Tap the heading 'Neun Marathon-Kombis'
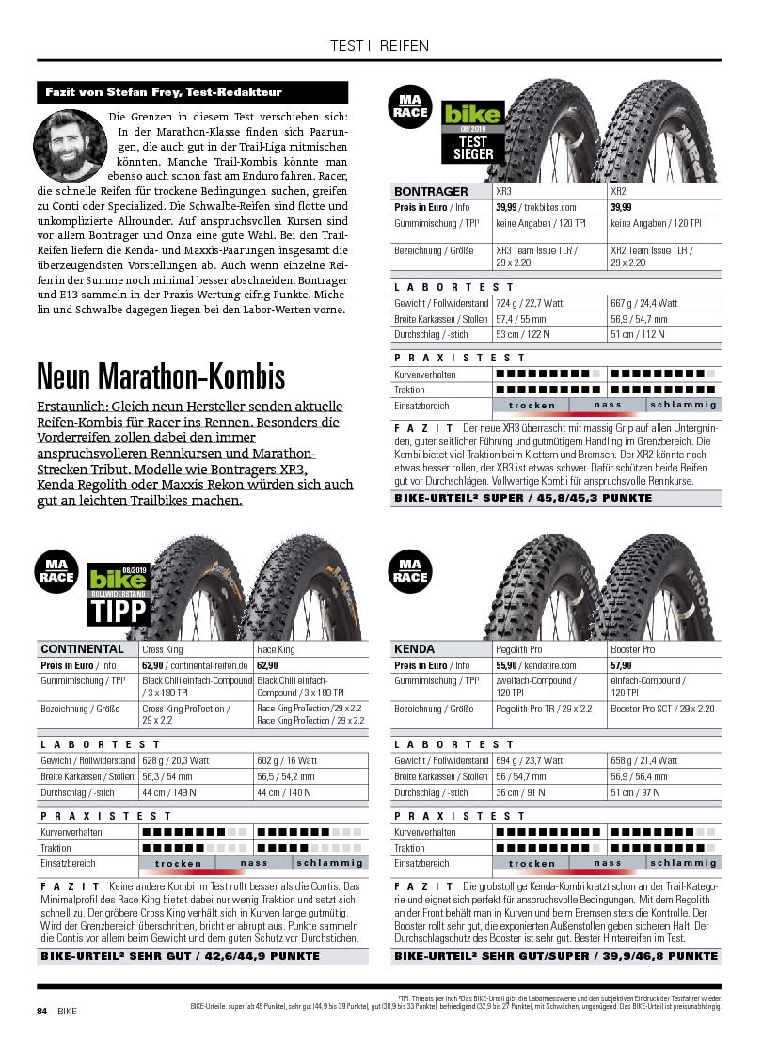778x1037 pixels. click(161, 376)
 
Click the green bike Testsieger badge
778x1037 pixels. click(473, 131)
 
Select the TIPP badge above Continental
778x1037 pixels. click(119, 596)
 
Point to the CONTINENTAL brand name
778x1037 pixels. click(83, 649)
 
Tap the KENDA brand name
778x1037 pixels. click(415, 649)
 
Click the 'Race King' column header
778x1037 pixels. click(276, 649)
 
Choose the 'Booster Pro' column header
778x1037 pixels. click(633, 649)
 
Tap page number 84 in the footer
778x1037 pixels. click(41, 1011)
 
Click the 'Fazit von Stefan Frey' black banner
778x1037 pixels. click(192, 92)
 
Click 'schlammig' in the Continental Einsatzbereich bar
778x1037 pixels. click(329, 863)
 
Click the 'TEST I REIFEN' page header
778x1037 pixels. click(380, 45)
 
